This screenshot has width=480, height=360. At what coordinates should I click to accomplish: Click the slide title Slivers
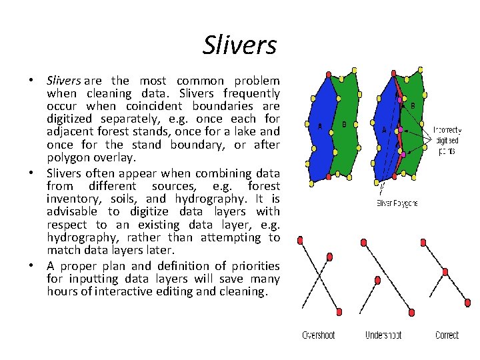click(239, 45)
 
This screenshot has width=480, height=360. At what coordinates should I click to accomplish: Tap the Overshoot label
click(319, 335)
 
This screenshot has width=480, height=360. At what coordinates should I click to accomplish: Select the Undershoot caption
click(383, 335)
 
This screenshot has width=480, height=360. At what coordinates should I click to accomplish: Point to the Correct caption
click(447, 335)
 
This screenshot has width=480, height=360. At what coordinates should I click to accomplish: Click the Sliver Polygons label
click(397, 203)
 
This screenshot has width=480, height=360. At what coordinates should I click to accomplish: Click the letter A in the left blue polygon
click(320, 127)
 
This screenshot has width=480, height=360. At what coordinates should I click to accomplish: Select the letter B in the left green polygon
click(344, 123)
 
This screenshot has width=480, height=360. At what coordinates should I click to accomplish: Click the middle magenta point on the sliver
click(401, 129)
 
